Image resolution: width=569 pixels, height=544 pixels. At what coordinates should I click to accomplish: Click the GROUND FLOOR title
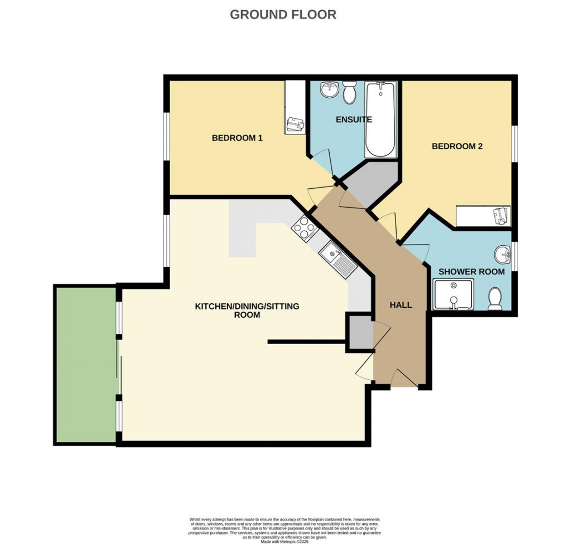283,15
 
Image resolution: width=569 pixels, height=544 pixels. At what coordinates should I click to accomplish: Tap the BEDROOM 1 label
237,137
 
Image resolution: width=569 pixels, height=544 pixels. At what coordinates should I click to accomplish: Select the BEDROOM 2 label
457,146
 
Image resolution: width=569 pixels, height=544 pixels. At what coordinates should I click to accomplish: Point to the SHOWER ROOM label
471,271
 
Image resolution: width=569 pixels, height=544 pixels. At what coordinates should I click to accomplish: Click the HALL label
401,305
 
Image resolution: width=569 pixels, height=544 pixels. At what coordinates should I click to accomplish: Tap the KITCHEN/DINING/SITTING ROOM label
247,311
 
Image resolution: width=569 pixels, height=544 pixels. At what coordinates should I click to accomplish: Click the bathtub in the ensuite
380,119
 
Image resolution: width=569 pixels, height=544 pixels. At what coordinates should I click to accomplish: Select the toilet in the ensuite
350,92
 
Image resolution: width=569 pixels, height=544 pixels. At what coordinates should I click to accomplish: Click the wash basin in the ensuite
328,88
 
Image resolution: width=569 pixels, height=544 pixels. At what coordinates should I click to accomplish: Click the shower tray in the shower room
452,295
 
